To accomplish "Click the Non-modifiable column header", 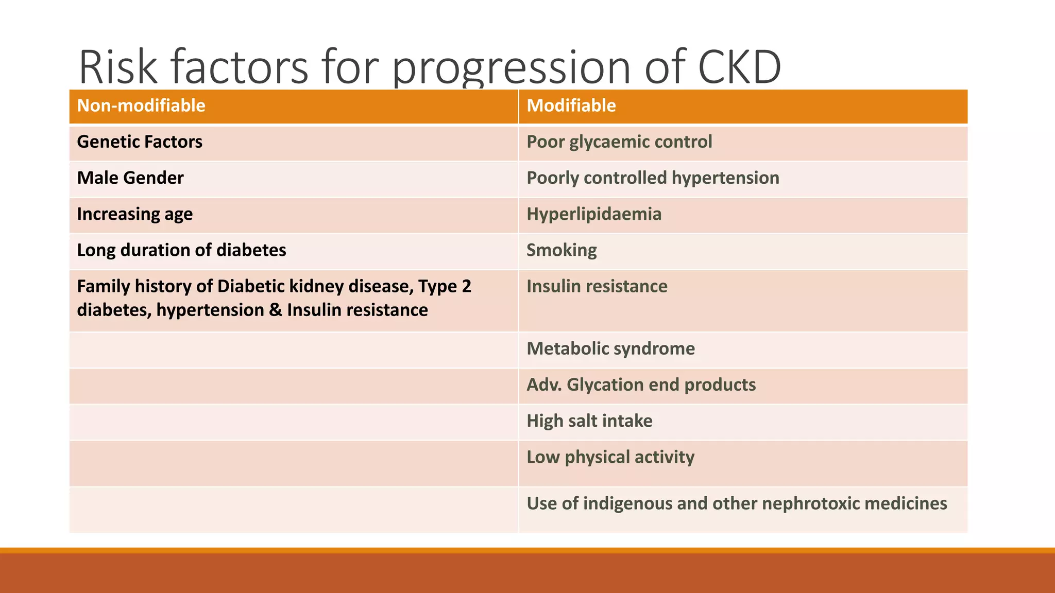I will [141, 106].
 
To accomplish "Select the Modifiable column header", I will [571, 106].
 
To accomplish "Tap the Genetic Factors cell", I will [140, 142].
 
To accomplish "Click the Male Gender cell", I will [130, 178].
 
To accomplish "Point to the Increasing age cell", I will [135, 214].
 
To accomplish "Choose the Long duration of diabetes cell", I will [181, 250].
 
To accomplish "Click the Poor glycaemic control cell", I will [619, 142].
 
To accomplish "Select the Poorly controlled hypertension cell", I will [653, 178].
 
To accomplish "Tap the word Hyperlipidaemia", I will [594, 214].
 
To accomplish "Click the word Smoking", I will [561, 250].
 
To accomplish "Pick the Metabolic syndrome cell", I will [610, 348].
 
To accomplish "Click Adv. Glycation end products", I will [641, 385].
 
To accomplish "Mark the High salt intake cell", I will [589, 421].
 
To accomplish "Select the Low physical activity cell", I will [610, 457].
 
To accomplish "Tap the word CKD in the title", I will [739, 67].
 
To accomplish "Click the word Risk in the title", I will [118, 67].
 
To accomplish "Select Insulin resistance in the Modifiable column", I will [597, 286].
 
